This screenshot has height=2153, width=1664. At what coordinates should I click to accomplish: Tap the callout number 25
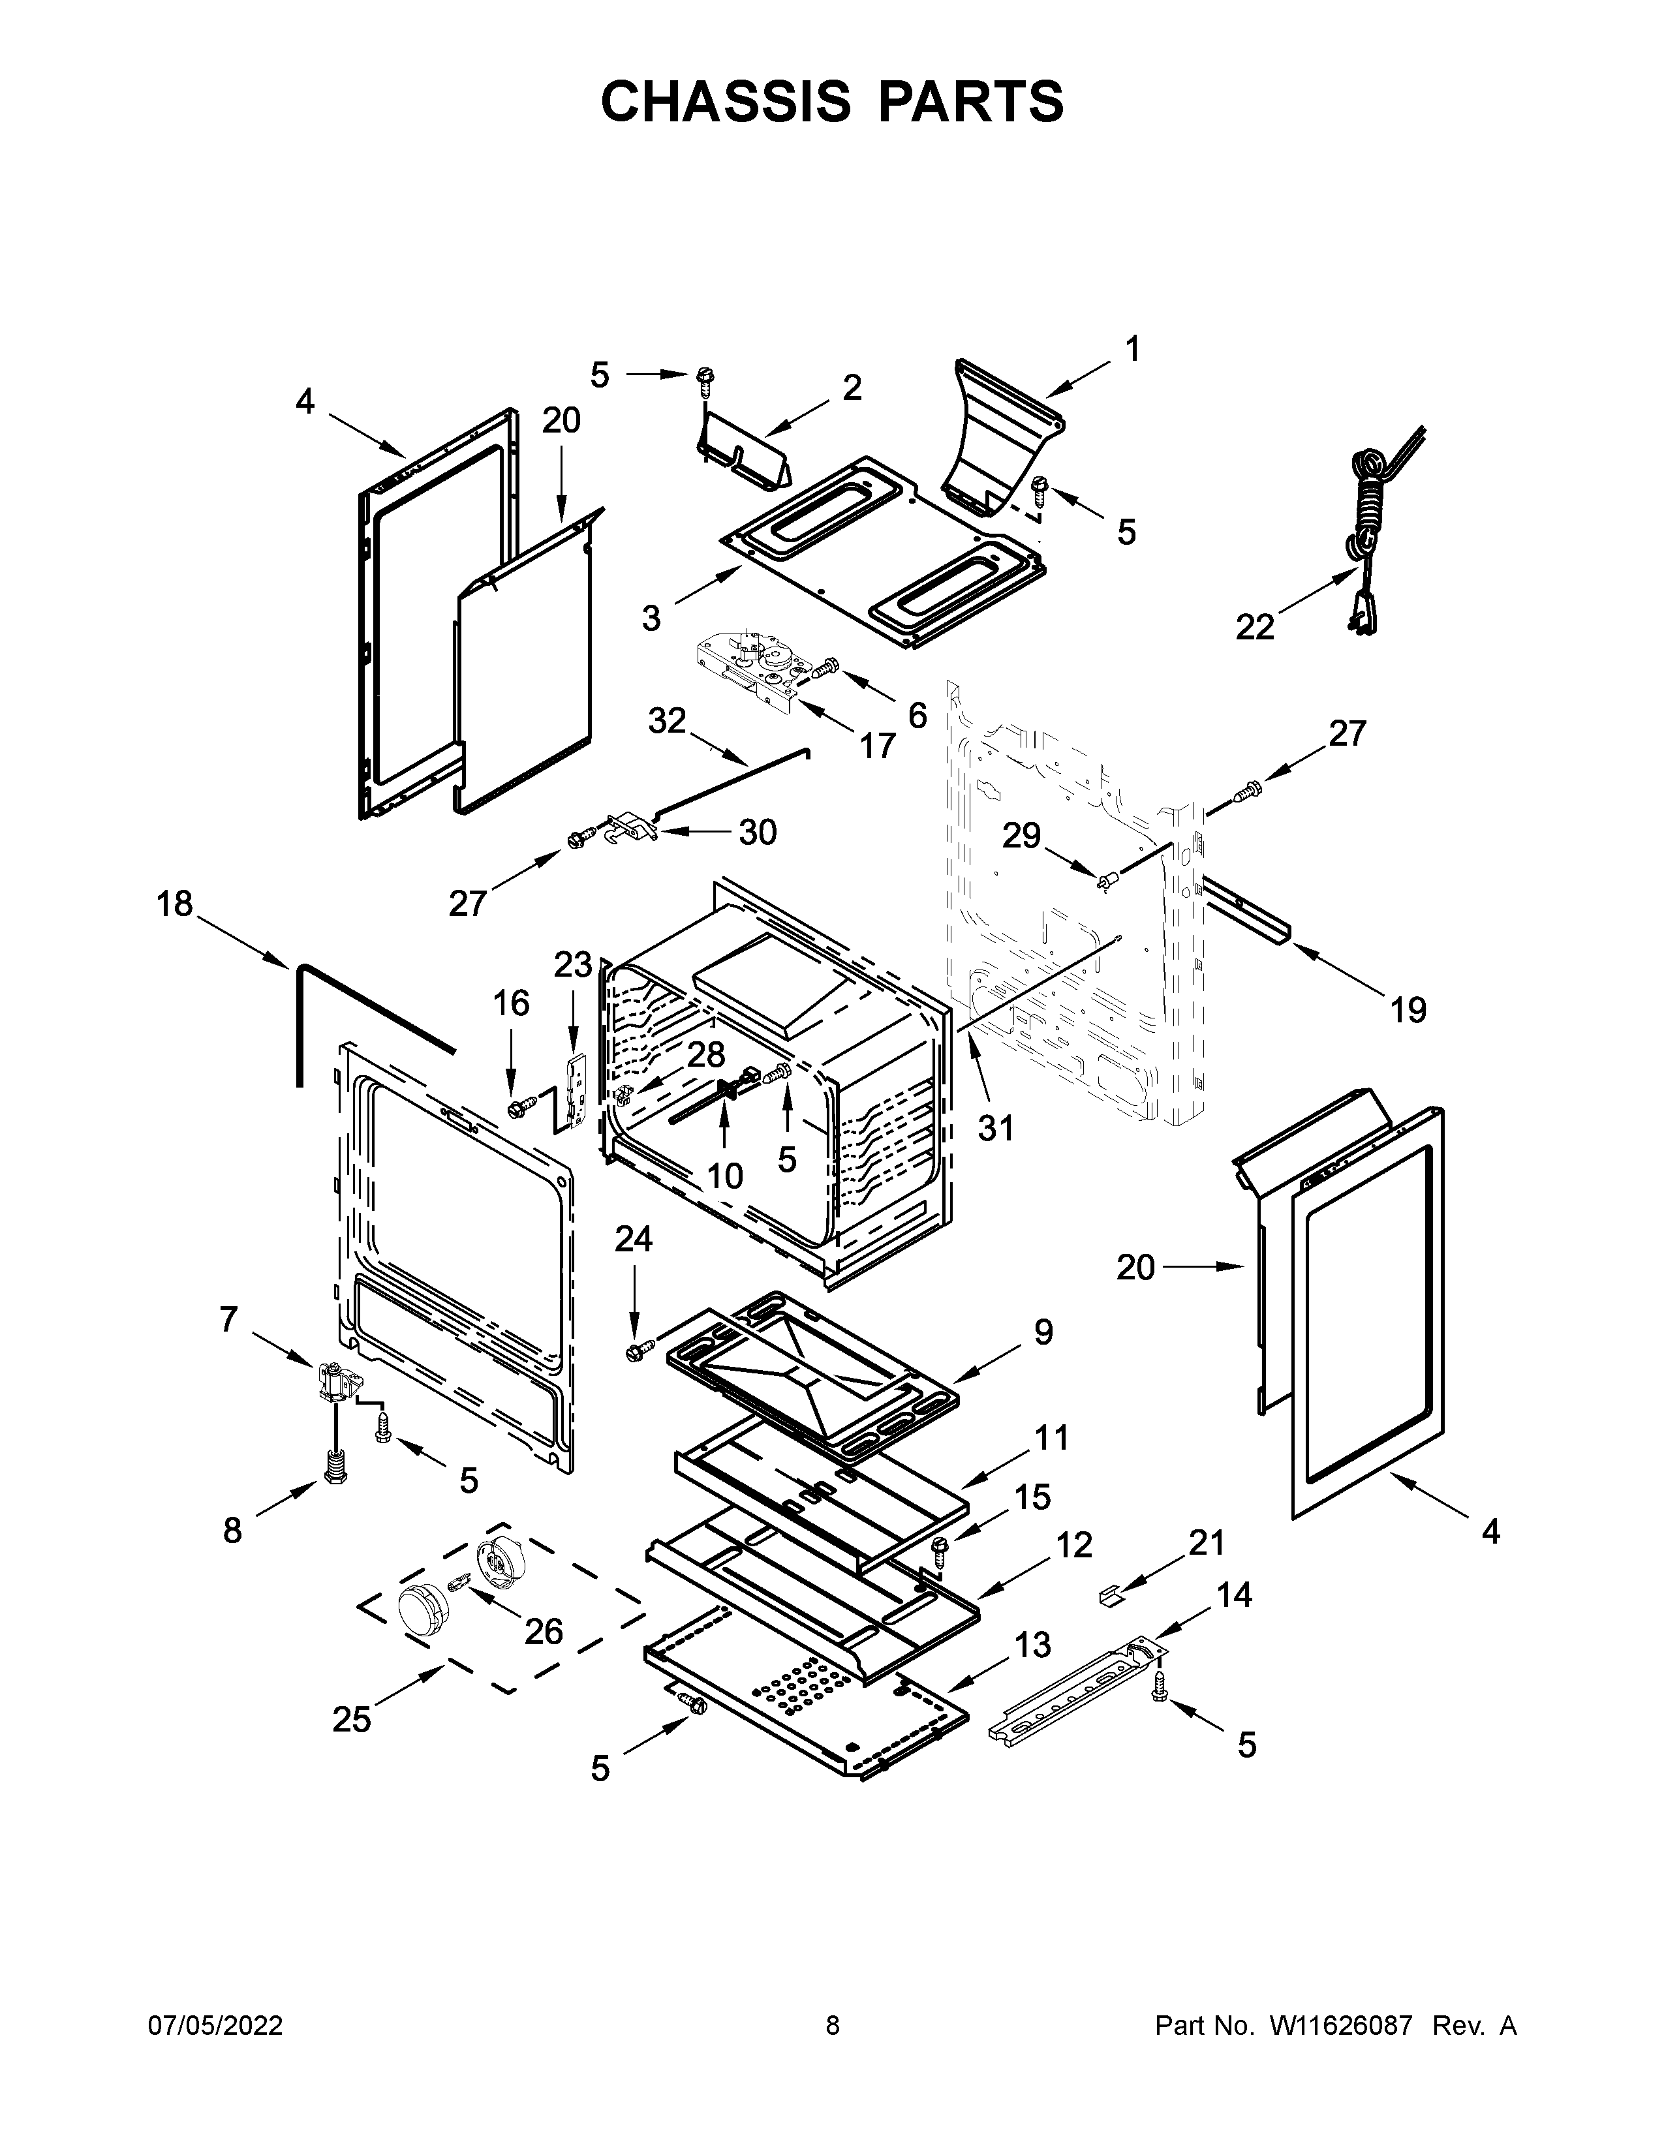coord(351,1719)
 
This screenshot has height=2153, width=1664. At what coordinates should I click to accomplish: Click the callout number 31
coord(996,1128)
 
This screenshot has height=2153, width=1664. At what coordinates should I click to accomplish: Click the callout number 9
coord(1043,1333)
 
